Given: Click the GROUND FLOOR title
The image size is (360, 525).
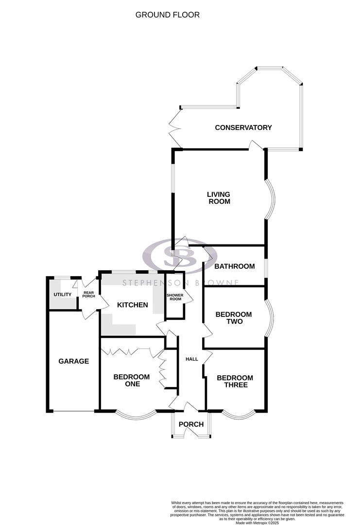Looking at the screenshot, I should pyautogui.click(x=167, y=15).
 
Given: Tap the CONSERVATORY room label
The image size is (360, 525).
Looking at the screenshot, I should pyautogui.click(x=243, y=128).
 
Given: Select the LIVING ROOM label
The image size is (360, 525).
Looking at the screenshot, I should pyautogui.click(x=219, y=197).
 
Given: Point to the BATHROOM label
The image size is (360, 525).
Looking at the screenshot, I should pyautogui.click(x=235, y=266).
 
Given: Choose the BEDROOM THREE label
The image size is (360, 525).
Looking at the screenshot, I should pyautogui.click(x=235, y=382).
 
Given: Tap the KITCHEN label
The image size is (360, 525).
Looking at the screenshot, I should pyautogui.click(x=132, y=305).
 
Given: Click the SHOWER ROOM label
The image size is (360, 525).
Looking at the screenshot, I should pyautogui.click(x=174, y=297).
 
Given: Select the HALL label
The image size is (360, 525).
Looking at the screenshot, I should pyautogui.click(x=192, y=359).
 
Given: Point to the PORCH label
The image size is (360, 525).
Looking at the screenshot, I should pyautogui.click(x=191, y=424).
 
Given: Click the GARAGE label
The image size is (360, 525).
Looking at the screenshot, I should pyautogui.click(x=74, y=361).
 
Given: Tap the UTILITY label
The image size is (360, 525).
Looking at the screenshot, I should pyautogui.click(x=63, y=295).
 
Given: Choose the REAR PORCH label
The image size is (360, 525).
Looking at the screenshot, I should pyautogui.click(x=89, y=295).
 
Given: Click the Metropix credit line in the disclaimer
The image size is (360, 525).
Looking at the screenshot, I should pyautogui.click(x=258, y=523).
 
